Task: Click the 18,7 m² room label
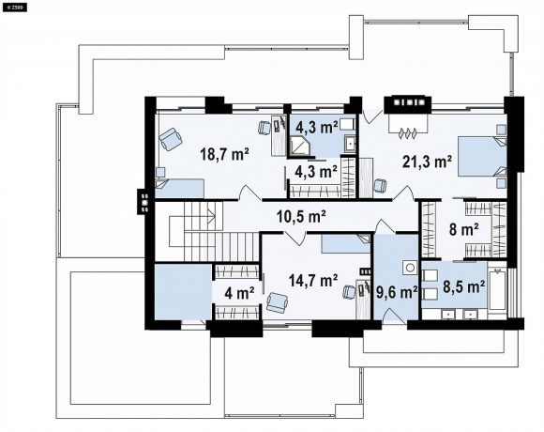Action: click(x=224, y=154)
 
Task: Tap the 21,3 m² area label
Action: click(x=427, y=162)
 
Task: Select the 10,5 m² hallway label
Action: click(x=301, y=217)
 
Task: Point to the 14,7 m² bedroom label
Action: click(x=313, y=280)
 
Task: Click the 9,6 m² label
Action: click(x=397, y=293)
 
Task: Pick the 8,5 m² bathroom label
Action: click(x=463, y=286)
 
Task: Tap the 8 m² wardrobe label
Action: click(x=464, y=229)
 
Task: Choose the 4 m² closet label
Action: click(x=239, y=294)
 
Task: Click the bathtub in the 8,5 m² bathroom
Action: click(x=497, y=289)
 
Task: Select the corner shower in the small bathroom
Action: click(x=298, y=146)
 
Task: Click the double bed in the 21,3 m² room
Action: click(x=481, y=157)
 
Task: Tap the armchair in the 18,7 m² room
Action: click(x=171, y=139)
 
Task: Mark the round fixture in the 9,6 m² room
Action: click(x=411, y=268)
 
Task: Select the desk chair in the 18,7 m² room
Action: click(x=264, y=128)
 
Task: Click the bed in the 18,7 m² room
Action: click(x=179, y=189)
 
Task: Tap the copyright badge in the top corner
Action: click(x=15, y=8)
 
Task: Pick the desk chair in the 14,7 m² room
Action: click(x=349, y=292)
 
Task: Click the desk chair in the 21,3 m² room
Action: click(x=380, y=185)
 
